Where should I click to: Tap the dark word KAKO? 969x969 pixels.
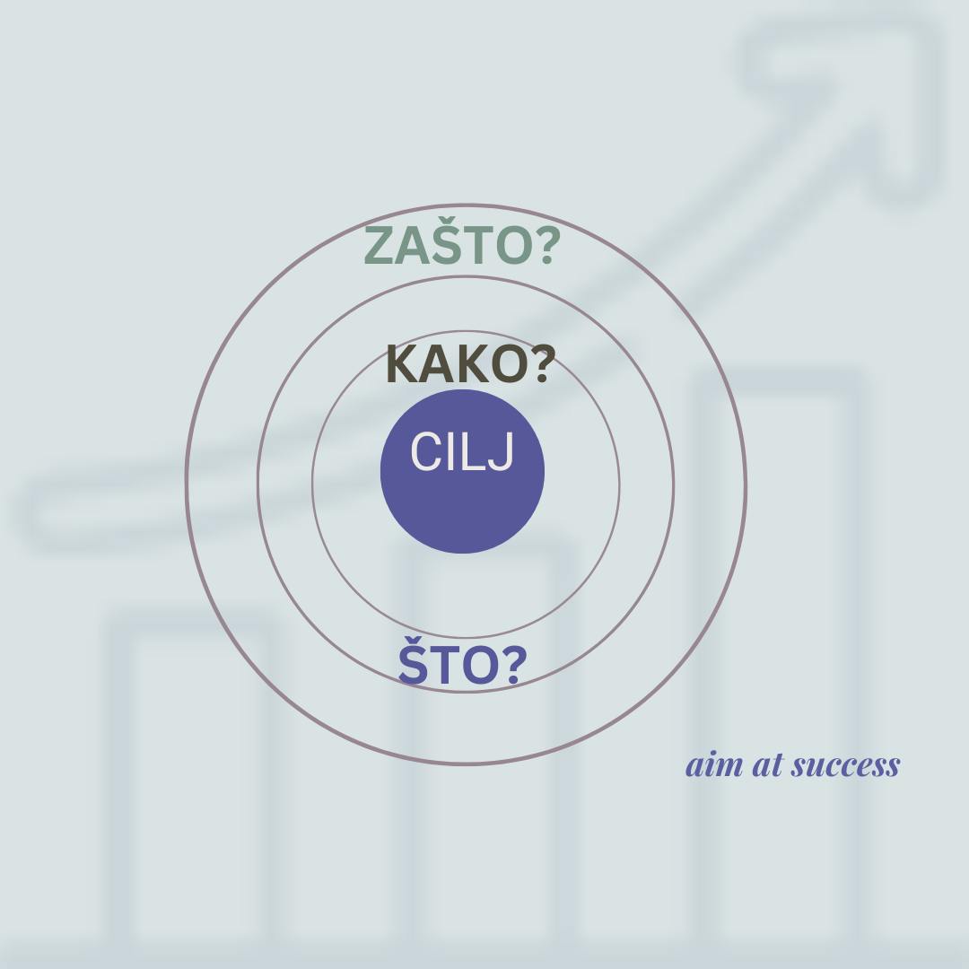click(467, 364)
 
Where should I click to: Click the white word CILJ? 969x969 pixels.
click(462, 451)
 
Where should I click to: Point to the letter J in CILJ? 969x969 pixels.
click(502, 452)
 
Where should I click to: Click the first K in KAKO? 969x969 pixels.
click(404, 364)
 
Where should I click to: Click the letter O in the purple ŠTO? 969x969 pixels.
click(476, 665)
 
